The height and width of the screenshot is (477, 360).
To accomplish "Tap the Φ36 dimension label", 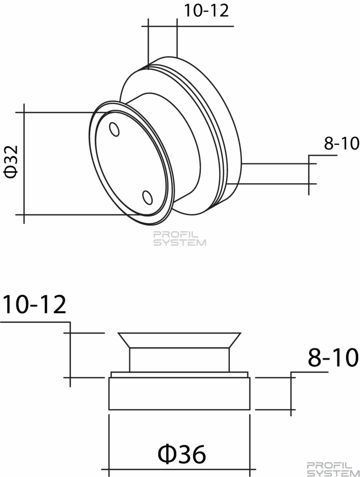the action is tap(182, 454).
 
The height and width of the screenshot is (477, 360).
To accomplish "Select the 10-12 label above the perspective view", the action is tap(206, 11).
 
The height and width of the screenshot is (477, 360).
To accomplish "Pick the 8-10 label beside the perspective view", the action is tap(342, 143).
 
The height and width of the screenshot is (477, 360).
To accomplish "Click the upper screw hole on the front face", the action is tap(114, 129).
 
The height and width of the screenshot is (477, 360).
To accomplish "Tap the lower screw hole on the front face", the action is tap(148, 198).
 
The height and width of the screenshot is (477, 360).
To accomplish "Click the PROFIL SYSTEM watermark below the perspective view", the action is tap(180, 239).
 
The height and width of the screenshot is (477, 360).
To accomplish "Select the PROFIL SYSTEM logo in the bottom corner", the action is tap(333, 469).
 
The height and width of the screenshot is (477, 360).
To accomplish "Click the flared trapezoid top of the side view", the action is tap(180, 340).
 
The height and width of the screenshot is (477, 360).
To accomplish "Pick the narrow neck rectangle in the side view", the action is tap(180, 359).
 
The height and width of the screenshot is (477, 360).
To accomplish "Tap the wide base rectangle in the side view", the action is tap(180, 394).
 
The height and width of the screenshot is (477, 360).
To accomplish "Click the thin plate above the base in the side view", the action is tap(180, 374).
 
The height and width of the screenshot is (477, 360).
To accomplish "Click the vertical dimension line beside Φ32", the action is tap(24, 164).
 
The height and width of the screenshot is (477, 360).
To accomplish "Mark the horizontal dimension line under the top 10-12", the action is tap(188, 27).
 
